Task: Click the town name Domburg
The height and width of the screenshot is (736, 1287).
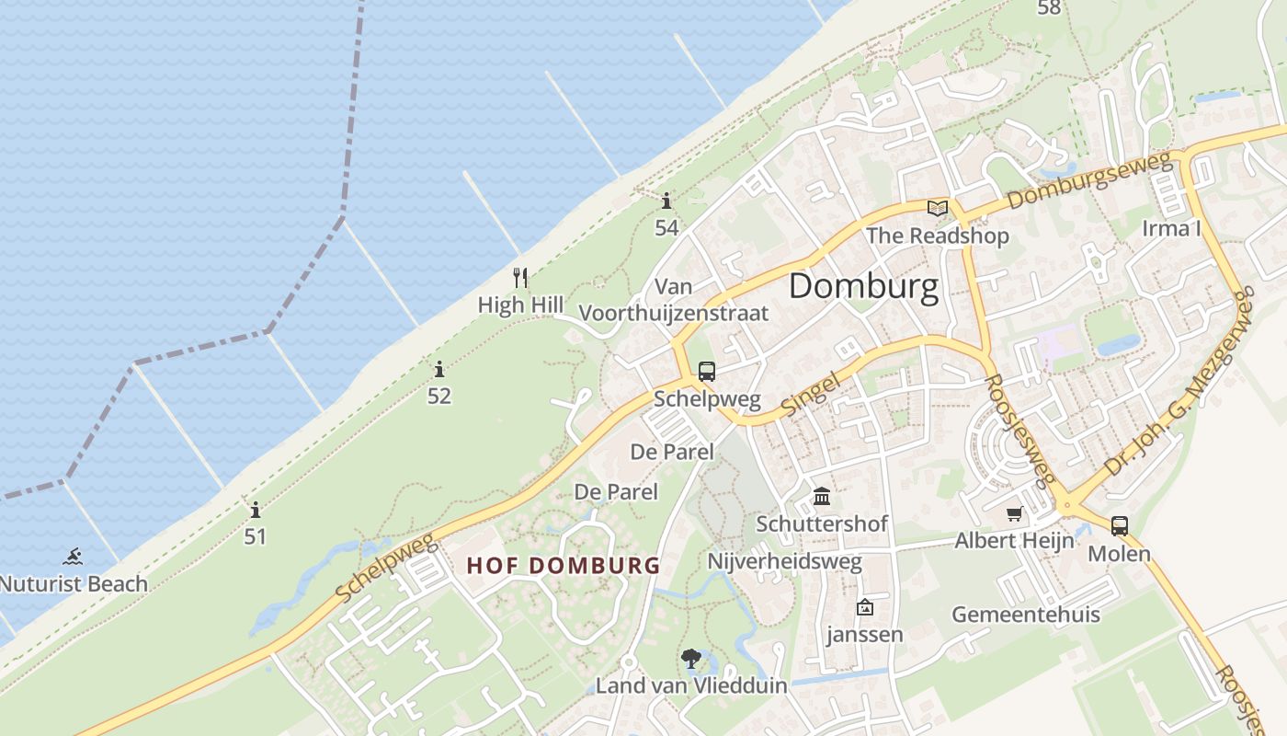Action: coord(864,286)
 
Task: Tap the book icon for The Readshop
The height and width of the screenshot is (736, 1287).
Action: coord(937,208)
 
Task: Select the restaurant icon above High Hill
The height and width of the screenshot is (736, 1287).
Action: coord(520,277)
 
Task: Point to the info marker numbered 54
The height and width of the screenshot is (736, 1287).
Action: coord(666,201)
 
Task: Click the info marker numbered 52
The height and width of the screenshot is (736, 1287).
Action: coord(439,370)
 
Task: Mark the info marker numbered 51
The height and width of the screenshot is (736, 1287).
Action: coord(255,510)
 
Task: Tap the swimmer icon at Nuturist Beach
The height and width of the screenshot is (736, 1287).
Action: coord(73,557)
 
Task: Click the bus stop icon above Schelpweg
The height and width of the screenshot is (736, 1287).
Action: coord(706,372)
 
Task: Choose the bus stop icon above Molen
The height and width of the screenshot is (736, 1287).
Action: coord(1119,526)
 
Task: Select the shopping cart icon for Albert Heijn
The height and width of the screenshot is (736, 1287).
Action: coord(1014,514)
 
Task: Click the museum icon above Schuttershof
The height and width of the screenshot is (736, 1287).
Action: coord(822,497)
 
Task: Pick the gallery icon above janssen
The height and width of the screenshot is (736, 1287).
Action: coord(864,607)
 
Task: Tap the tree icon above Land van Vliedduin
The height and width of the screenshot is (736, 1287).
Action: coord(691,658)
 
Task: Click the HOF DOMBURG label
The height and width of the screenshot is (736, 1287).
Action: coord(563,565)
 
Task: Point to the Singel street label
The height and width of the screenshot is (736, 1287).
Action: coord(810,393)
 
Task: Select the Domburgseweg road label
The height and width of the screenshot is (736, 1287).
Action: coord(1090,181)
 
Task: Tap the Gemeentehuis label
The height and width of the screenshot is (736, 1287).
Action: coord(1025,614)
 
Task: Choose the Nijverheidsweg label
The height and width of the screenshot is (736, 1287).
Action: coord(784,561)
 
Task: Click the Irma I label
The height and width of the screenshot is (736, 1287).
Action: coord(1171,228)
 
